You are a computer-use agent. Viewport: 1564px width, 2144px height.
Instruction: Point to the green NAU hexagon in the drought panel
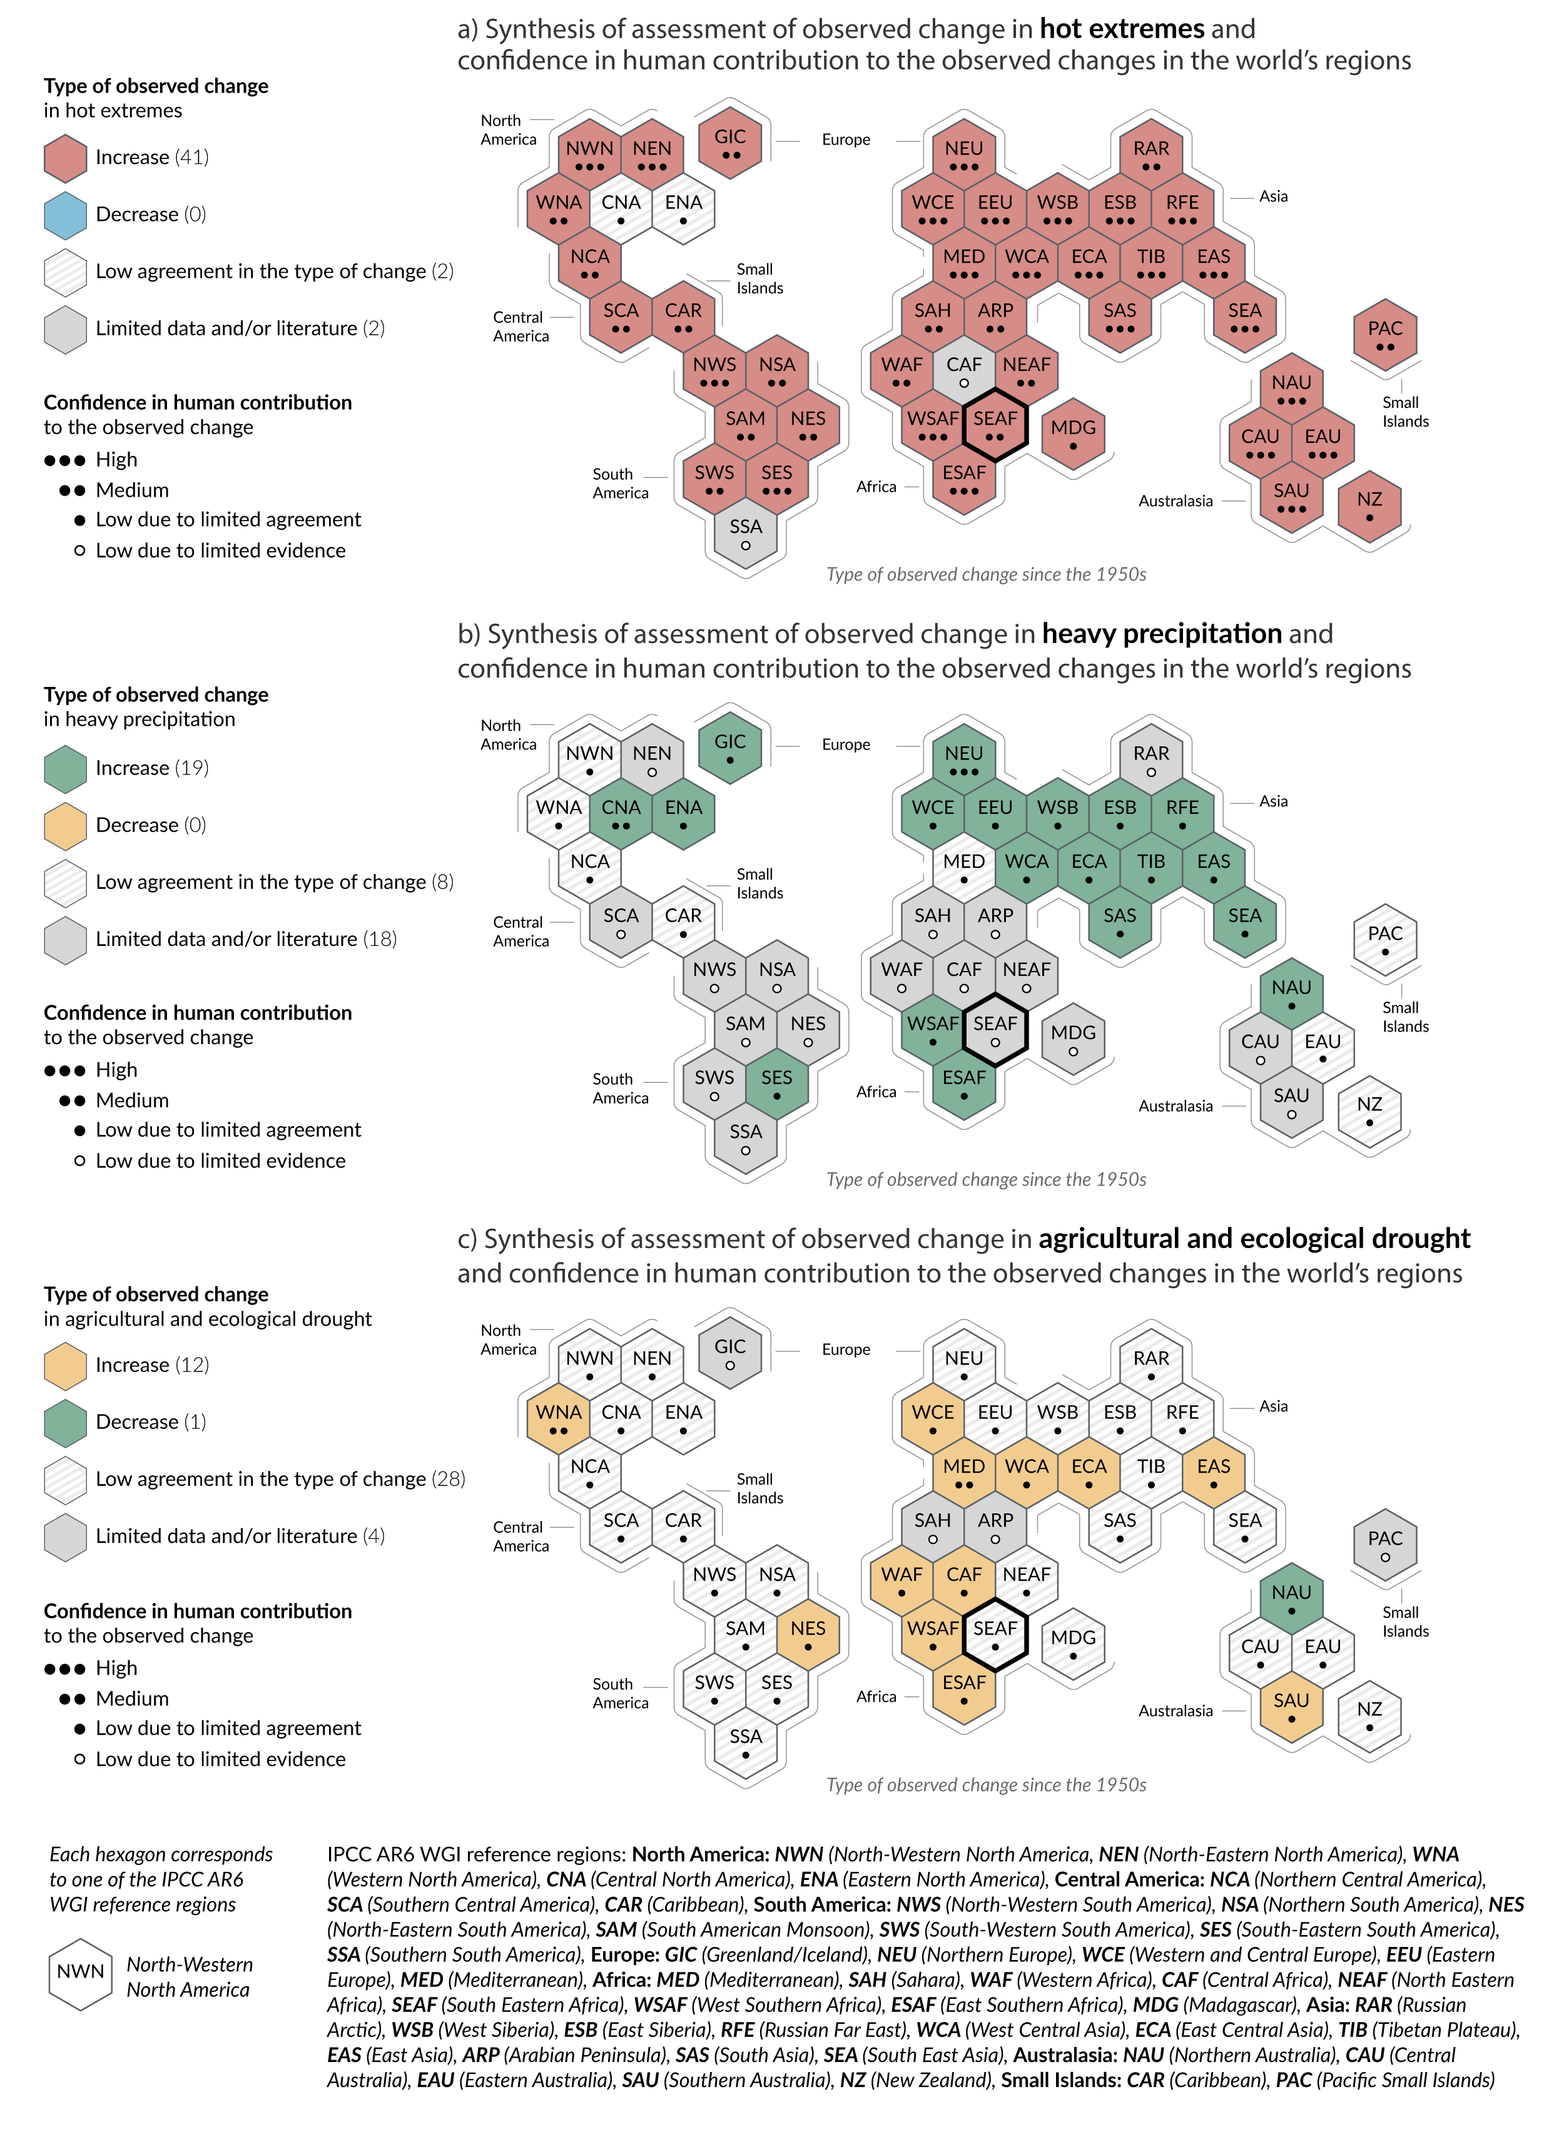click(1291, 1598)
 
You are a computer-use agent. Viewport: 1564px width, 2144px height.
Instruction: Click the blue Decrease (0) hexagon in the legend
click(65, 215)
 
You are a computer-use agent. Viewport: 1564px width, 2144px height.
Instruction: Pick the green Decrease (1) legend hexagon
click(65, 1423)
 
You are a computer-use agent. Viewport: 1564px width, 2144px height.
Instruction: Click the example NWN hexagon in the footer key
click(81, 1974)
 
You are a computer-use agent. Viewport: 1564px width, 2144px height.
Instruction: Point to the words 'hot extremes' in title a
click(1121, 29)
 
